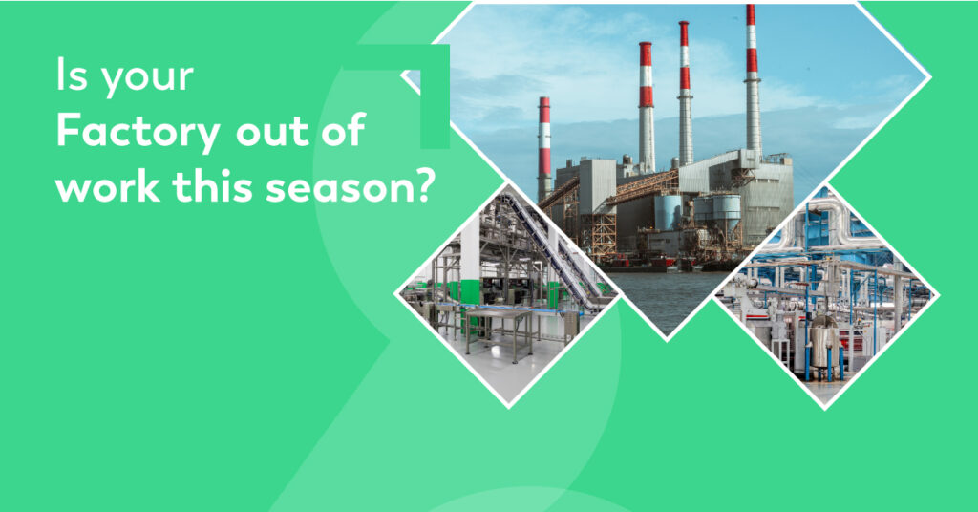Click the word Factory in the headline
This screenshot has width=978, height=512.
pyautogui.click(x=138, y=132)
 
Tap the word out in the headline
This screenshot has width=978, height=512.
pyautogui.click(x=273, y=132)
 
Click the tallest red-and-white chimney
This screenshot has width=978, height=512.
pyautogui.click(x=753, y=80)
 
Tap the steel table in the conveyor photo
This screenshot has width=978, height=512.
pyautogui.click(x=499, y=330)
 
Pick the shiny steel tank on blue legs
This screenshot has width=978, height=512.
pyautogui.click(x=823, y=344)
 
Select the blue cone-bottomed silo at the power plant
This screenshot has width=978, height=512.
pyautogui.click(x=669, y=213)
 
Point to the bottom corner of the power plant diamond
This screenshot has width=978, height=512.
pyautogui.click(x=667, y=340)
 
